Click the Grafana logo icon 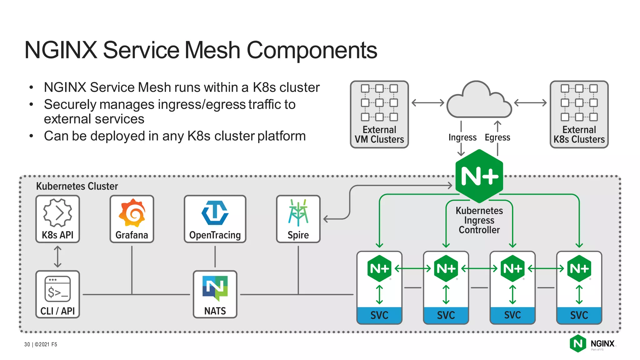point(132,213)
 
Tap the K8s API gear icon point(57,213)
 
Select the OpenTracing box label point(215,235)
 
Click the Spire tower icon point(298,213)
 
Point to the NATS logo point(215,287)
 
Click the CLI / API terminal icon point(57,289)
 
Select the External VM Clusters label point(379,134)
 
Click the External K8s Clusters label point(579,134)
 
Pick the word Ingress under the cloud point(462,137)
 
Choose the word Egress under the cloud point(497,137)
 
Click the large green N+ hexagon point(479,176)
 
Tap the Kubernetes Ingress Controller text point(479,220)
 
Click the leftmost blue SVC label point(379,315)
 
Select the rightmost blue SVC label point(579,315)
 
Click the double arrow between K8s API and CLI point(57,257)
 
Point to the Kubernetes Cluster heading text point(77,186)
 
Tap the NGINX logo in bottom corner point(592,344)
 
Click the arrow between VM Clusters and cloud point(428,102)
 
